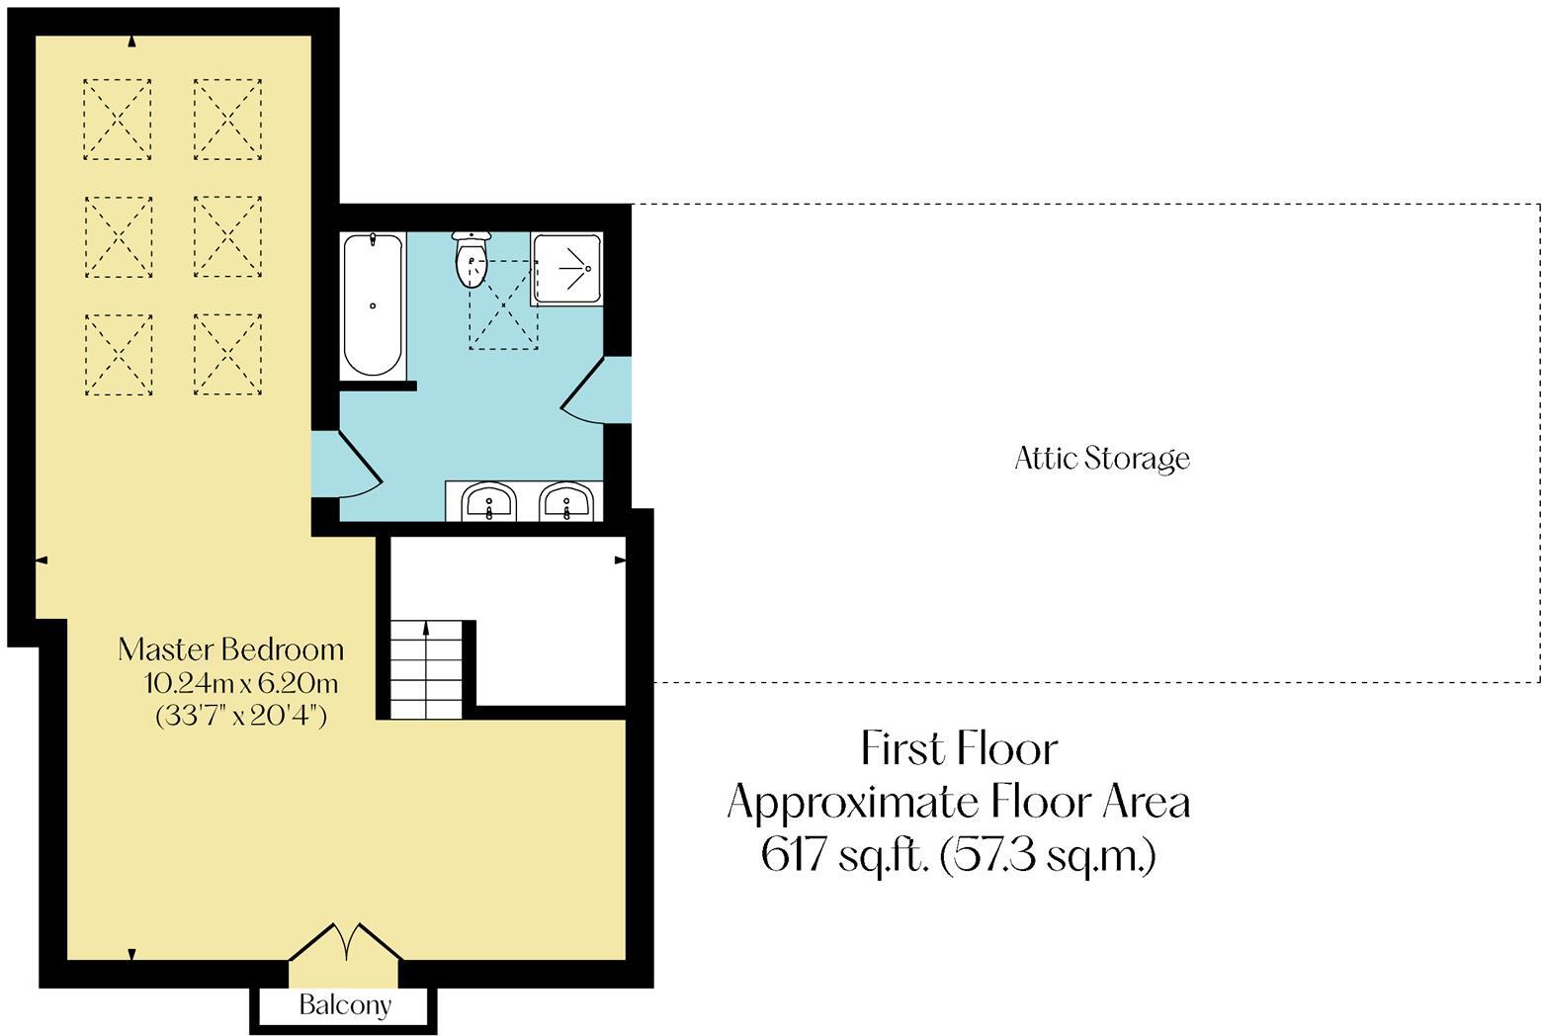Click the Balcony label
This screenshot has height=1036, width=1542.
click(345, 1006)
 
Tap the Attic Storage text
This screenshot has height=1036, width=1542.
click(1101, 459)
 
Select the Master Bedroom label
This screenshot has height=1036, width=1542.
click(230, 649)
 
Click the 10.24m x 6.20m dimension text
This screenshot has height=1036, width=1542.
click(241, 683)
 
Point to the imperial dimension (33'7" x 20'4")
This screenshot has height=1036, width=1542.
click(241, 715)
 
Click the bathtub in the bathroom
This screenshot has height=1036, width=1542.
click(373, 303)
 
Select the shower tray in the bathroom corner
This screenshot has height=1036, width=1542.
click(566, 268)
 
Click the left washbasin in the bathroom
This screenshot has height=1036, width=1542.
click(488, 501)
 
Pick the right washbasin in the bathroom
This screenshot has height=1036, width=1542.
click(566, 501)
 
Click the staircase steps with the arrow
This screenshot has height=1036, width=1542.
click(426, 669)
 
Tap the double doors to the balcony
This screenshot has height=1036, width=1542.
click(345, 943)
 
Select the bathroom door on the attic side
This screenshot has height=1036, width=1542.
click(597, 389)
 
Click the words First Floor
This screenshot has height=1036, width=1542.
click(959, 748)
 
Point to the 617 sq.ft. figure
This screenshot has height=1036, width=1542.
click(845, 854)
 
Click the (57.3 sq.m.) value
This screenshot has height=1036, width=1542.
click(1048, 854)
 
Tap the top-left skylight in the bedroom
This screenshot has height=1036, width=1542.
click(118, 120)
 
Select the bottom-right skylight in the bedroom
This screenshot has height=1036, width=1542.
click(227, 354)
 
